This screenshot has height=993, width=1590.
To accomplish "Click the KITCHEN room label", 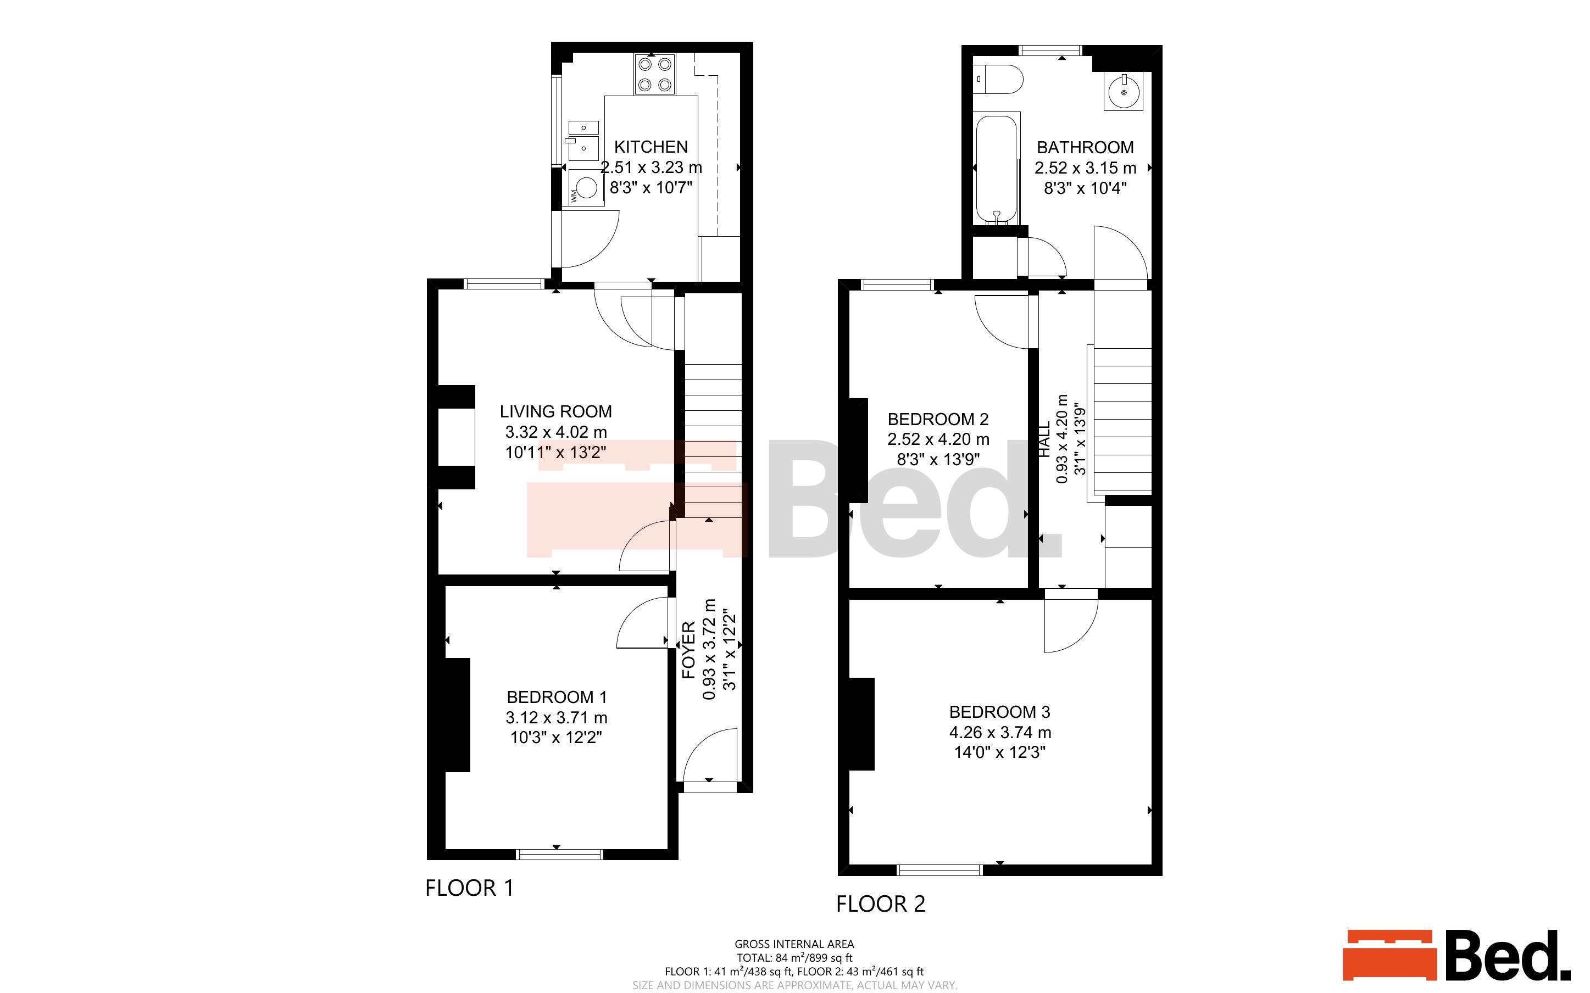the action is coord(651,147).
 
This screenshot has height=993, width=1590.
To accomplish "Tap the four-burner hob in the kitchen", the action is coord(655,75).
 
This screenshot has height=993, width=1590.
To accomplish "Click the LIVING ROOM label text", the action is coord(555,412).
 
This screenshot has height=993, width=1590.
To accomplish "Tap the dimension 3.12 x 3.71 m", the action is coord(556,718).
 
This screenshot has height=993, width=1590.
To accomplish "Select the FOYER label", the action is coord(688,650).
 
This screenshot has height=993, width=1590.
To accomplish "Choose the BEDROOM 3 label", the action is coord(999,712).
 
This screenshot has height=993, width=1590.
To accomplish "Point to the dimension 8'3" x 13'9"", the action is coord(938,460).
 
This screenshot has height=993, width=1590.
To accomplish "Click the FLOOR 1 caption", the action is coord(470,888).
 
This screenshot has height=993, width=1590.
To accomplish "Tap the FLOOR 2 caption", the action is coord(881,903).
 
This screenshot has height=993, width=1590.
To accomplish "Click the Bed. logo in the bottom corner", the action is coord(1456,956).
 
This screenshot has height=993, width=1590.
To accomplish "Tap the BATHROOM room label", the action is coord(1085,148).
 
